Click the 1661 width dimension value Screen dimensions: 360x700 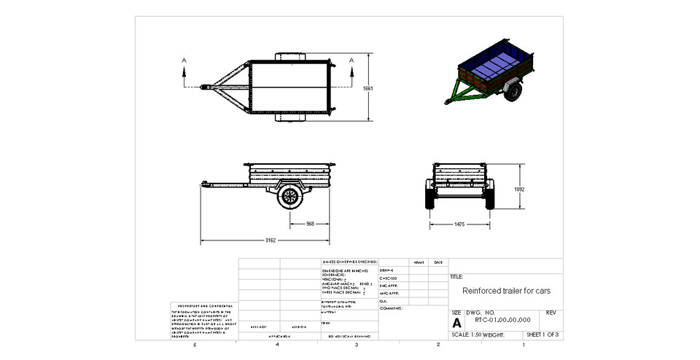click(367, 88)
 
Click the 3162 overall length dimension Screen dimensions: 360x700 click(270, 239)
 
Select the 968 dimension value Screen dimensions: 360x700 click(310, 223)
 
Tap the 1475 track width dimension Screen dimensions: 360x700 click(459, 224)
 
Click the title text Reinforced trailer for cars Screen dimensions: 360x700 click(506, 290)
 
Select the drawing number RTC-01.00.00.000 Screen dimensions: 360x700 click(502, 318)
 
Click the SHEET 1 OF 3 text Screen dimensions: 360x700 click(542, 334)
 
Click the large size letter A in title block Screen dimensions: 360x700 click(457, 322)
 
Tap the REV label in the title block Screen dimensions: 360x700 click(551, 313)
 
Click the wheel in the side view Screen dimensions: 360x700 click(291, 197)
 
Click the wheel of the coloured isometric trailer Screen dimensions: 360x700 click(515, 92)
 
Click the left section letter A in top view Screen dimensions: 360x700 click(184, 60)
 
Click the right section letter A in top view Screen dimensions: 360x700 click(352, 60)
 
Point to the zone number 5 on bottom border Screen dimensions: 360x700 click(194, 345)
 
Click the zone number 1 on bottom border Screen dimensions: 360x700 click(524, 345)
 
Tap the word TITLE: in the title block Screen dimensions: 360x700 click(457, 277)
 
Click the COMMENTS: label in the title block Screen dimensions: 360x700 click(392, 308)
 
